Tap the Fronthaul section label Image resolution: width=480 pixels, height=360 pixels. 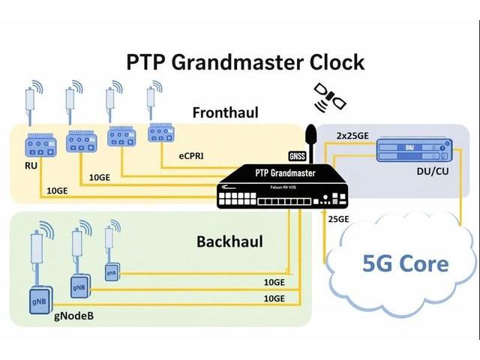tap(225, 112)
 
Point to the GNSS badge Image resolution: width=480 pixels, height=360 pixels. tap(298, 156)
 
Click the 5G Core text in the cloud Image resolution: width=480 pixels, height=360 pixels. tap(406, 263)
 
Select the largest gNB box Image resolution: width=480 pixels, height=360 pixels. tap(39, 298)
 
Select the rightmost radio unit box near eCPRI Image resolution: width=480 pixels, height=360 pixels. tap(161, 133)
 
